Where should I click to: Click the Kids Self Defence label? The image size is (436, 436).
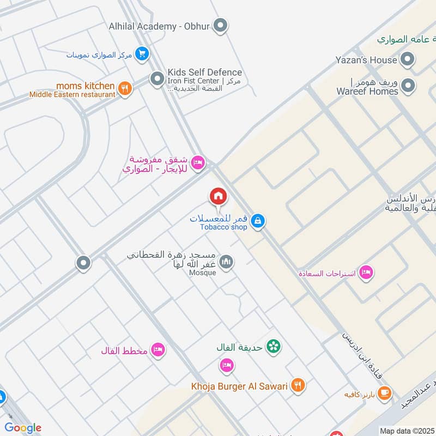point(204,72)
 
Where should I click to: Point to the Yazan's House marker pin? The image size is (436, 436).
point(407,59)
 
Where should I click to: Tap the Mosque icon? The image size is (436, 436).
point(226,263)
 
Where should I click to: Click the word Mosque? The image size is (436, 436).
point(203,272)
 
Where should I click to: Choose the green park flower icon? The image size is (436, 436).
point(274,347)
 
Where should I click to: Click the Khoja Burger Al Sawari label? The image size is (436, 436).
point(239,386)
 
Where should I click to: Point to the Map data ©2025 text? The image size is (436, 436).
point(407,431)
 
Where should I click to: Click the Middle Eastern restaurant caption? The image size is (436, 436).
point(72,94)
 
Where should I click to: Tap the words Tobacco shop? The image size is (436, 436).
point(223,227)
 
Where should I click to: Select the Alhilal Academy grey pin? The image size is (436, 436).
point(220,25)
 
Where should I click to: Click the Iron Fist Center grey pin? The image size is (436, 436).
point(157,80)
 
